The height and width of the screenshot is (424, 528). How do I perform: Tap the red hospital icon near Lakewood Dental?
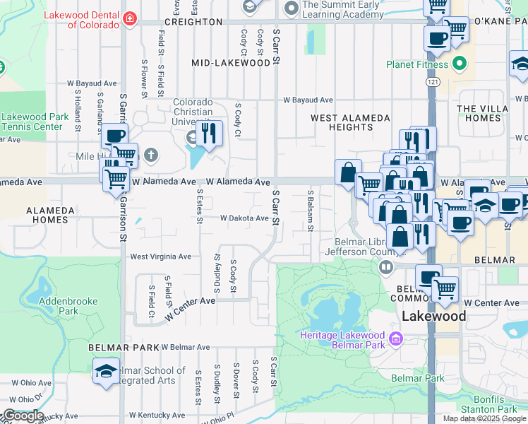129,18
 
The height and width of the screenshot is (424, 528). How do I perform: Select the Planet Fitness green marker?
461,65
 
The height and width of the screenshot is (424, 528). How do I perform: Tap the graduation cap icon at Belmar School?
107,372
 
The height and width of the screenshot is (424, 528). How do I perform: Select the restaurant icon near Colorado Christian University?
208,132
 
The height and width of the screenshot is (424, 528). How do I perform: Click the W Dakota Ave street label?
244,218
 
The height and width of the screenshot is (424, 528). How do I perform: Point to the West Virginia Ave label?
160,257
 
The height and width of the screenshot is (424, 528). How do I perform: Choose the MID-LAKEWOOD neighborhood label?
231,63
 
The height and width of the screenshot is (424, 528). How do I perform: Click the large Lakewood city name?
434,316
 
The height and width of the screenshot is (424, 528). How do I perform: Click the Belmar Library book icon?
386,266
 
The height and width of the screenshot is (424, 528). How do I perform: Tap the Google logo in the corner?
23,416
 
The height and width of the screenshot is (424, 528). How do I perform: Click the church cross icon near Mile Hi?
150,154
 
